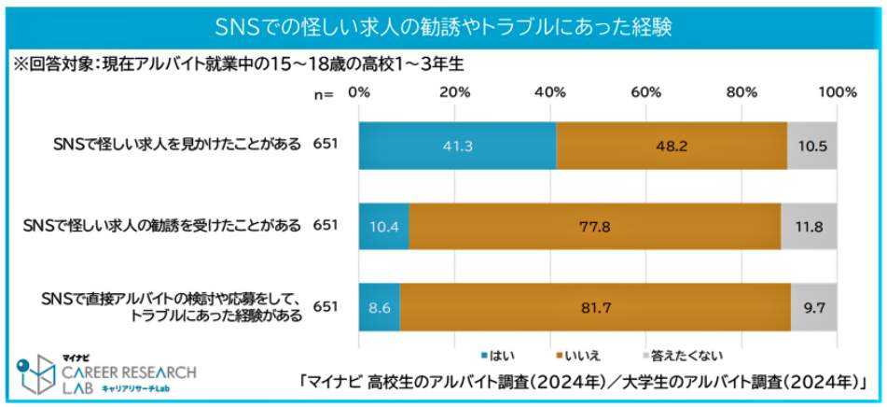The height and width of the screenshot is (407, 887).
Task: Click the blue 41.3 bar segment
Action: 457,145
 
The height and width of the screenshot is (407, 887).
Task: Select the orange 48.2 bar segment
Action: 672,145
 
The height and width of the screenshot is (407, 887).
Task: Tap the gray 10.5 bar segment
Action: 812,145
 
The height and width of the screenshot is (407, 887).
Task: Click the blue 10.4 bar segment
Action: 383,225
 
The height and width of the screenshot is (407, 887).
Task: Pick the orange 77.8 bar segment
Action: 595,225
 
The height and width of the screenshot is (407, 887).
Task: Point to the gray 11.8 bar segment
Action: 810,225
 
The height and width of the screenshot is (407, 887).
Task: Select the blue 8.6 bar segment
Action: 379,305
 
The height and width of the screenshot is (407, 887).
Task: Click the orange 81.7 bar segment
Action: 595,305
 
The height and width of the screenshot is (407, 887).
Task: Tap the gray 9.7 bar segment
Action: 814,305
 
